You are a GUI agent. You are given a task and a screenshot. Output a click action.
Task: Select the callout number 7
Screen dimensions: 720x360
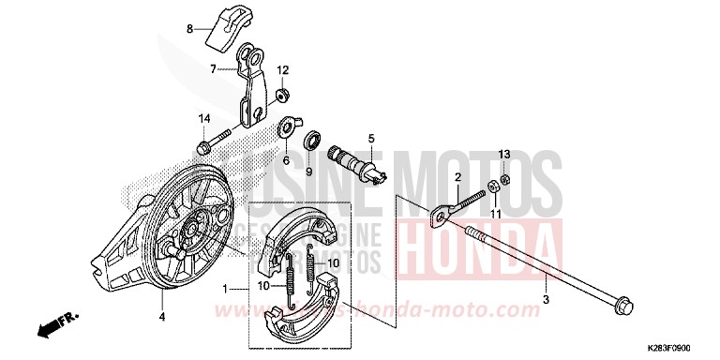[x=213, y=67]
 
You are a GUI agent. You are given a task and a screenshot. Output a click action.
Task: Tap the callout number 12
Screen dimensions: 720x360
[x=282, y=70]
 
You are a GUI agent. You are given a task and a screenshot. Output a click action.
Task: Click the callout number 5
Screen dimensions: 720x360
[x=370, y=139]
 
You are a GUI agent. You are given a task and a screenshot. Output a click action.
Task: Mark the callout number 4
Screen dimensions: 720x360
[x=161, y=302]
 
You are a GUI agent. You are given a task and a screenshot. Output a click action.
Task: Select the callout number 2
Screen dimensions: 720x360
[x=459, y=177]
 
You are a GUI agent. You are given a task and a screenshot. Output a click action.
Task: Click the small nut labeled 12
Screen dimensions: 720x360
[x=281, y=94]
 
